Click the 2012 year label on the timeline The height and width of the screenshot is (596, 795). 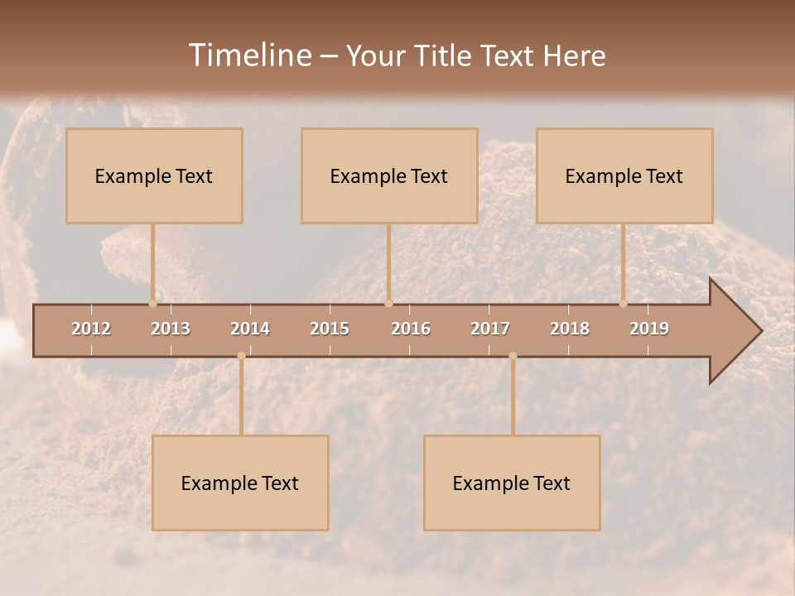tap(91, 329)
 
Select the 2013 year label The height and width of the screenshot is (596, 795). tap(171, 329)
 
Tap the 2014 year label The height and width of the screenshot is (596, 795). tap(250, 329)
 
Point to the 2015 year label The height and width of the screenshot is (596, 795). tap(330, 329)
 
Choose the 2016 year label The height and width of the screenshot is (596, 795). tap(411, 329)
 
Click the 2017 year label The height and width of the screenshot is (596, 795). tap(490, 329)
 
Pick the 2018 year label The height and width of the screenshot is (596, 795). tap(570, 329)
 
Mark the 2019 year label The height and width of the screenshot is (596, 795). tap(649, 329)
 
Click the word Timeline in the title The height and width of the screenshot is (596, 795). tap(249, 55)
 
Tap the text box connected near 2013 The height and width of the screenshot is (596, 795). tap(154, 175)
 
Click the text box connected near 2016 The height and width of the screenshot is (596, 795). tap(389, 175)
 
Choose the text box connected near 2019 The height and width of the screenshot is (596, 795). tap(624, 175)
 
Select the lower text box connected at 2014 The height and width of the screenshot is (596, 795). tap(240, 483)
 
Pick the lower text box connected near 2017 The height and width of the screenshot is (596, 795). tap(512, 483)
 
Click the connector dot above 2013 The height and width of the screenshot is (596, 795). tap(153, 303)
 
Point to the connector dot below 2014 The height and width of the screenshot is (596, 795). tap(241, 356)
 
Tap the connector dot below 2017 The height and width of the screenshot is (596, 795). tap(513, 356)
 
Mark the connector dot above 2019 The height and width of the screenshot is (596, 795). tap(624, 303)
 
